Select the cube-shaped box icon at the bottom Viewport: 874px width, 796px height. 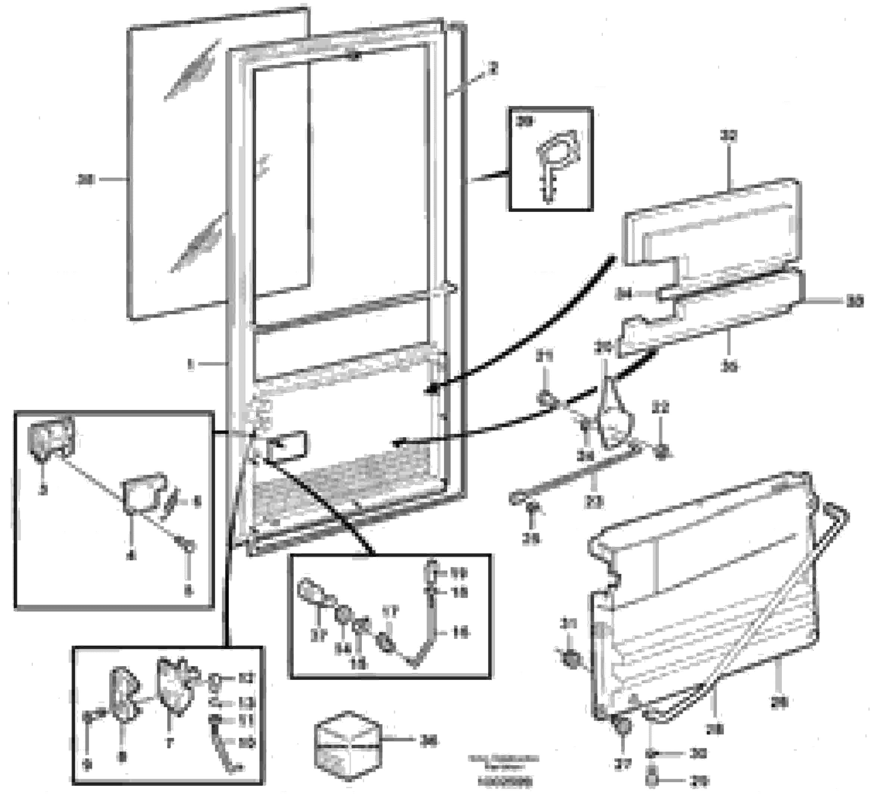[348, 745]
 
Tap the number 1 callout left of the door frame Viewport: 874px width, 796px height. [190, 364]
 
